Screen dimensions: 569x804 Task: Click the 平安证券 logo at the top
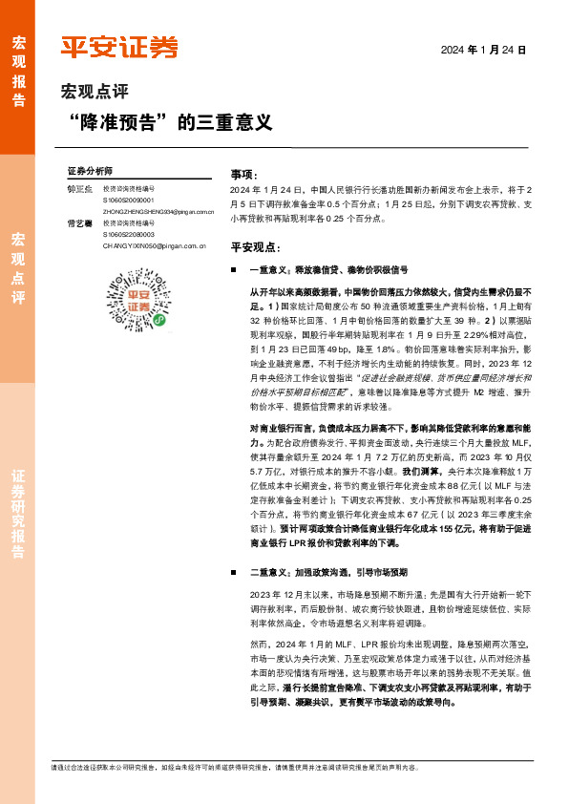point(118,47)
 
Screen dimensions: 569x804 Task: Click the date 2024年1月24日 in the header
point(483,49)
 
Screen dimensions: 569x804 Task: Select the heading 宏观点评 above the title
point(94,93)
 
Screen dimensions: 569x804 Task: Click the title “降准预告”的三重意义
point(172,123)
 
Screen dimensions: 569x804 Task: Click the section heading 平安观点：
point(254,246)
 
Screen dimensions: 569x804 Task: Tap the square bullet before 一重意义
point(235,270)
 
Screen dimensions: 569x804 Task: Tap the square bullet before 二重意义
point(235,572)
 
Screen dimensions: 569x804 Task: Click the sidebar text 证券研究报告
point(18,514)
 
